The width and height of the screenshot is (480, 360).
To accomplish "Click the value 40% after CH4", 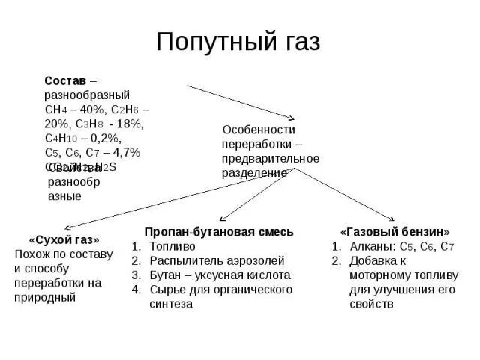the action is pyautogui.click(x=91, y=109).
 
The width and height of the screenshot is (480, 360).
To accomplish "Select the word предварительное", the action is pyautogui.click(x=271, y=158).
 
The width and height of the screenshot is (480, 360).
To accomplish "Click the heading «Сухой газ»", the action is pyautogui.click(x=64, y=240).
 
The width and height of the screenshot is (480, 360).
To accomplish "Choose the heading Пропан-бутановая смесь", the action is pyautogui.click(x=218, y=232).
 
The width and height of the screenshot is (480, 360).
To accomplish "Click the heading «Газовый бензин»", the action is pyautogui.click(x=395, y=232).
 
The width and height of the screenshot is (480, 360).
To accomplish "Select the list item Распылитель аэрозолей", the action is pyautogui.click(x=217, y=260).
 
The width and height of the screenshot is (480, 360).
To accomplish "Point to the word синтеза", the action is pyautogui.click(x=171, y=304).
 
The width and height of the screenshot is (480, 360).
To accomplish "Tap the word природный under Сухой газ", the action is pyautogui.click(x=45, y=297).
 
